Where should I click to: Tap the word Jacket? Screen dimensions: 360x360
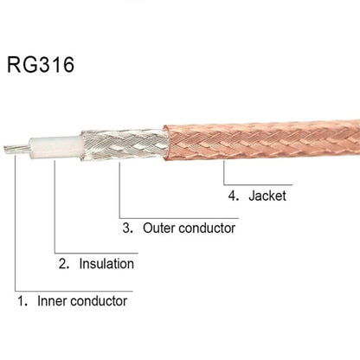pyautogui.click(x=267, y=196)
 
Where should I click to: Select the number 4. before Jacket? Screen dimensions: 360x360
pyautogui.click(x=230, y=196)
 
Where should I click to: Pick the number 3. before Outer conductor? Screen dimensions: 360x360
pyautogui.click(x=126, y=228)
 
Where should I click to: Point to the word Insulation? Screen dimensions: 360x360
pyautogui.click(x=106, y=264)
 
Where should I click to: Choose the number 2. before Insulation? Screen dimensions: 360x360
pyautogui.click(x=62, y=264)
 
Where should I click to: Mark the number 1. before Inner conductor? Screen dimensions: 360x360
pyautogui.click(x=22, y=301)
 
